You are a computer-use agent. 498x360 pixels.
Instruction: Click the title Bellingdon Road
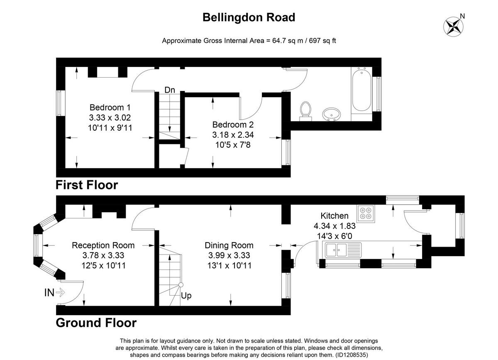pyautogui.click(x=249, y=17)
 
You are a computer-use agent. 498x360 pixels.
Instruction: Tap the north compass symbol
pyautogui.click(x=452, y=26)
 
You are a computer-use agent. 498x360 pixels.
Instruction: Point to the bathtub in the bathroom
pyautogui.click(x=361, y=90)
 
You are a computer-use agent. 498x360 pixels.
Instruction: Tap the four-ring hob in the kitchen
pyautogui.click(x=366, y=212)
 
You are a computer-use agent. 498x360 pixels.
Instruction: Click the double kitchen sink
pyautogui.click(x=337, y=250)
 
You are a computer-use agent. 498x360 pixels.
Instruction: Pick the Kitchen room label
pyautogui.click(x=334, y=216)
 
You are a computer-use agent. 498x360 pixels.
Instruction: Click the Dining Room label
pyautogui.click(x=229, y=245)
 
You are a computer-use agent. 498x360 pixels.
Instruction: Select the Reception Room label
pyautogui.click(x=103, y=245)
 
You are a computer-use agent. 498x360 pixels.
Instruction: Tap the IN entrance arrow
pyautogui.click(x=55, y=293)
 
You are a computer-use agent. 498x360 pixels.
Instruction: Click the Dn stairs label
pyautogui.click(x=170, y=90)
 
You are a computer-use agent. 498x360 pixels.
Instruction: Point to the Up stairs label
pyautogui.click(x=186, y=296)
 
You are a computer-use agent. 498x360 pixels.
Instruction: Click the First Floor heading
pyautogui.click(x=87, y=185)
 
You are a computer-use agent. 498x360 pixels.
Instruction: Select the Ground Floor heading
pyautogui.click(x=96, y=323)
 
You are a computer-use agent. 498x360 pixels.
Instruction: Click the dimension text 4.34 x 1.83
pyautogui.click(x=334, y=226)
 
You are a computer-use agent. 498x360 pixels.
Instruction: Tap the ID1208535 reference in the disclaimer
pyautogui.click(x=351, y=355)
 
